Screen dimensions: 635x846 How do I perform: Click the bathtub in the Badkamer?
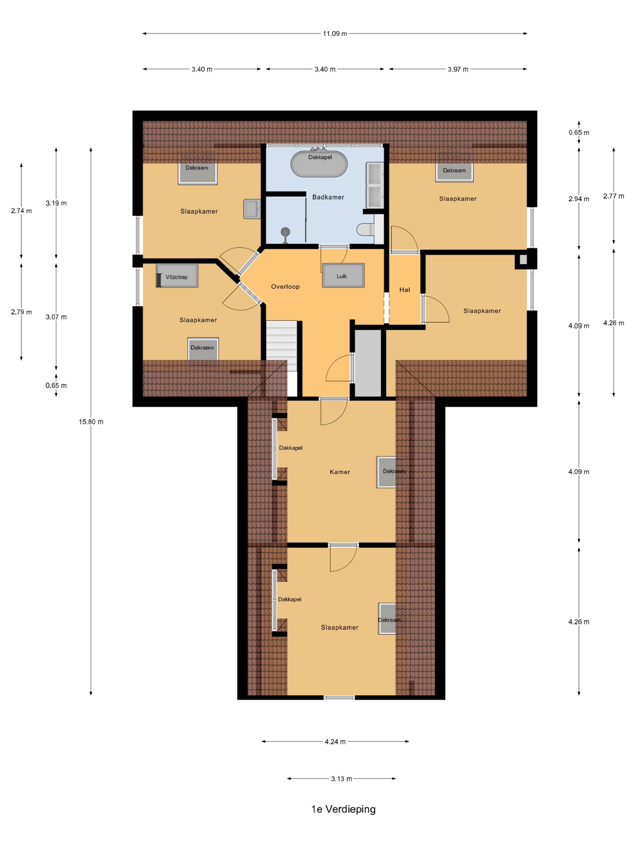point(319,164)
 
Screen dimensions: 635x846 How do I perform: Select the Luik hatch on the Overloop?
point(343,275)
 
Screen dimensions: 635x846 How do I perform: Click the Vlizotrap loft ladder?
point(177,276)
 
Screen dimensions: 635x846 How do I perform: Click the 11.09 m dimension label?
point(335,34)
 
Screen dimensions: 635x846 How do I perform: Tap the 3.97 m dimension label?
point(458,69)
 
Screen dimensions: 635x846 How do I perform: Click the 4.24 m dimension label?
point(335,742)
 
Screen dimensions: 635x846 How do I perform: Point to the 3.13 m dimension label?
point(341,779)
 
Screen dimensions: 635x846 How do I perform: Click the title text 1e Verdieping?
point(344,809)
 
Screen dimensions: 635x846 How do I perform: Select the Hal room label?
point(404,290)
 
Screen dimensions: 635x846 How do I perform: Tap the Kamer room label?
point(340,472)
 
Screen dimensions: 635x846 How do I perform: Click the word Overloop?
point(285,287)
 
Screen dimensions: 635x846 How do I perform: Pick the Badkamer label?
point(328,197)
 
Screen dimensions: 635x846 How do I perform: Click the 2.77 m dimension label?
point(614,196)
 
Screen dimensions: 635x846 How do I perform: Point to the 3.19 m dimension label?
point(56,203)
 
